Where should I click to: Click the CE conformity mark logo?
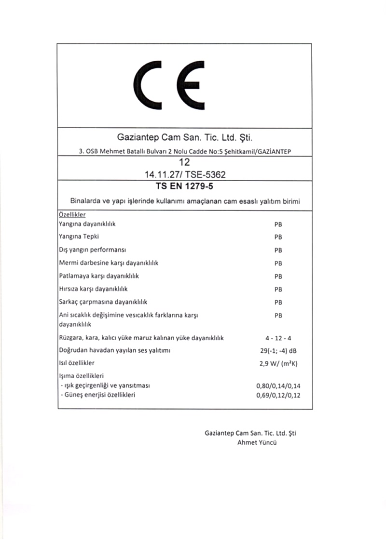[171, 86]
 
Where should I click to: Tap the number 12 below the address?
[184, 163]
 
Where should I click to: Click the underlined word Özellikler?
[72, 215]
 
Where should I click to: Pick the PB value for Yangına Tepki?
[278, 237]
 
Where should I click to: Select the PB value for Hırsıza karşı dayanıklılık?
[278, 290]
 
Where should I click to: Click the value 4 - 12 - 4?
[278, 338]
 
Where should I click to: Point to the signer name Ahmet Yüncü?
[257, 442]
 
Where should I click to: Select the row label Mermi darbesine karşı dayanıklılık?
[109, 263]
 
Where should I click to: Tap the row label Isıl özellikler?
[76, 363]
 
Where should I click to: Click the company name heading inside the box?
[185, 138]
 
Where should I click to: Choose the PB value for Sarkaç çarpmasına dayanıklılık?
[278, 303]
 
